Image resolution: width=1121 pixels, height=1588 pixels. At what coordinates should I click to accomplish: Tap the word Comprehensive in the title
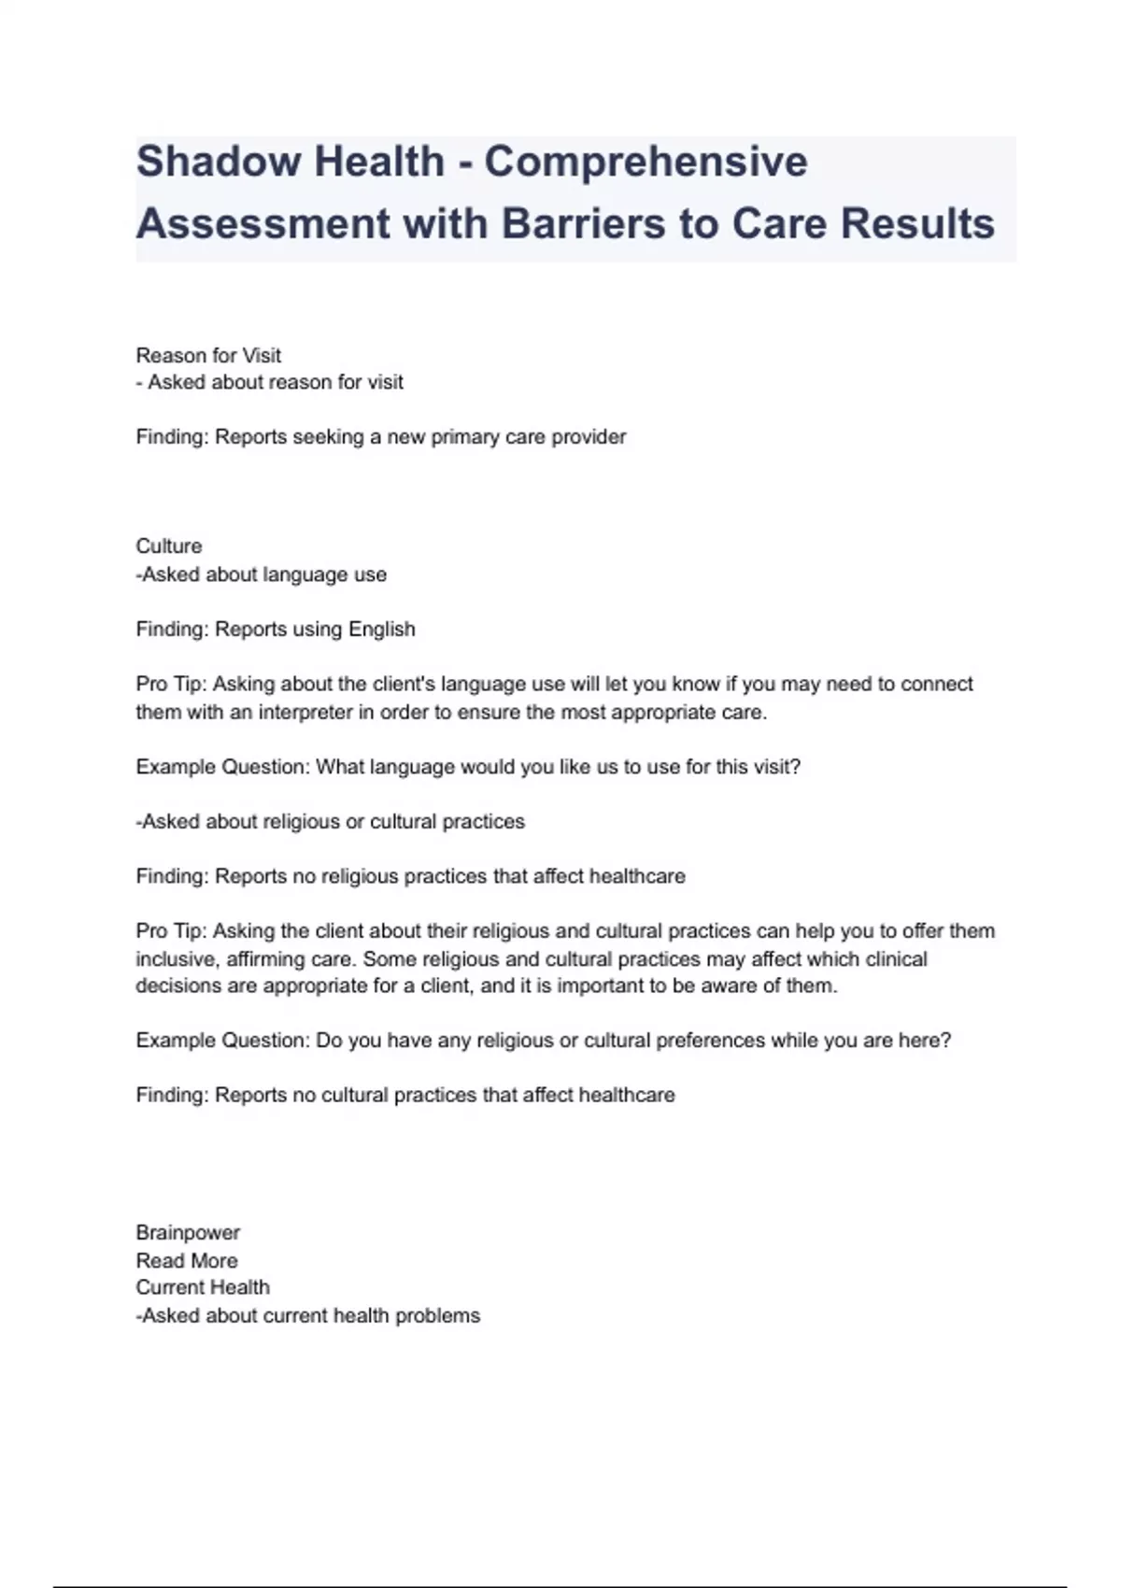click(646, 162)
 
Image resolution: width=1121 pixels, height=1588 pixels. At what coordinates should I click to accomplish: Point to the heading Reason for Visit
click(208, 355)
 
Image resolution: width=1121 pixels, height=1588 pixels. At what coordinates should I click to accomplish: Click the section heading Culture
click(169, 546)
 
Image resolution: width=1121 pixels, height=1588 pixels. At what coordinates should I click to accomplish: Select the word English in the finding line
click(381, 629)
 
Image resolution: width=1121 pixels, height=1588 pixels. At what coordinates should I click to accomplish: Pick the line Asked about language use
click(262, 574)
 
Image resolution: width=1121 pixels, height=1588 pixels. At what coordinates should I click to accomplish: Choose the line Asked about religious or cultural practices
click(331, 821)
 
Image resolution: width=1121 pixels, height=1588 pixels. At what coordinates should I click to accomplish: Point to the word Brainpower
click(188, 1232)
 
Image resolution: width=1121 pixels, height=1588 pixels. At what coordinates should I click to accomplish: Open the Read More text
click(187, 1260)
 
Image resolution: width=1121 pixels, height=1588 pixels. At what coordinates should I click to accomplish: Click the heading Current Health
click(203, 1287)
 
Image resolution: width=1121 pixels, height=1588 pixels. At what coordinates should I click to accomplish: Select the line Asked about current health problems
click(308, 1315)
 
